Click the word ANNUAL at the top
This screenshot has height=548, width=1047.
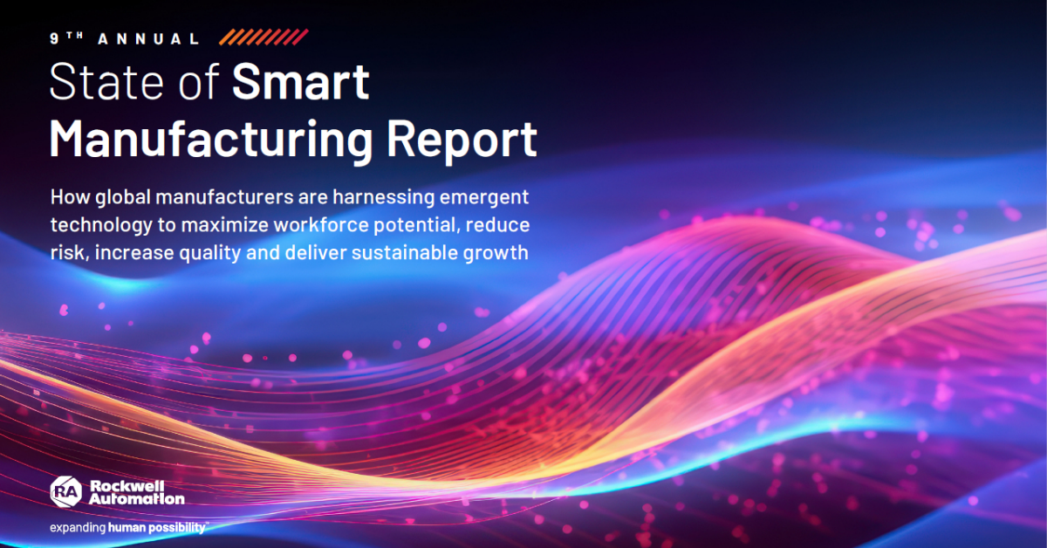point(148,38)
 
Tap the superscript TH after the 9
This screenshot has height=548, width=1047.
point(75,35)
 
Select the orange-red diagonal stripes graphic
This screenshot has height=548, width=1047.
point(263,37)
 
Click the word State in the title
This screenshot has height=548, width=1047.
point(106,81)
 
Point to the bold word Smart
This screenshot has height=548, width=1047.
point(301,81)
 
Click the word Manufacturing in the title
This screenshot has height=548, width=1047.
point(211,140)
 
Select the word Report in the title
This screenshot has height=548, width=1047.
point(462,140)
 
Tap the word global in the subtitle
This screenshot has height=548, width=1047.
point(123,197)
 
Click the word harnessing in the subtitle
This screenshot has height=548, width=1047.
point(384,197)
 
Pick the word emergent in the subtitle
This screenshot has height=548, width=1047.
point(484,198)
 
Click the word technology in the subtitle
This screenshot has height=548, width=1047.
point(101,226)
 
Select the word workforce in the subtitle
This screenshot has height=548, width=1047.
point(321,225)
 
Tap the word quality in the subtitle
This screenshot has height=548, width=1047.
point(210,253)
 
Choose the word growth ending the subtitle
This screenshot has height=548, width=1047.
point(496,254)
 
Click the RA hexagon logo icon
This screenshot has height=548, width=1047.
point(66,491)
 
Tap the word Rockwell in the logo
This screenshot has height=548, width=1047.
point(127,486)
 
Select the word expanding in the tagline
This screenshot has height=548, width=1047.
point(78,528)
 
